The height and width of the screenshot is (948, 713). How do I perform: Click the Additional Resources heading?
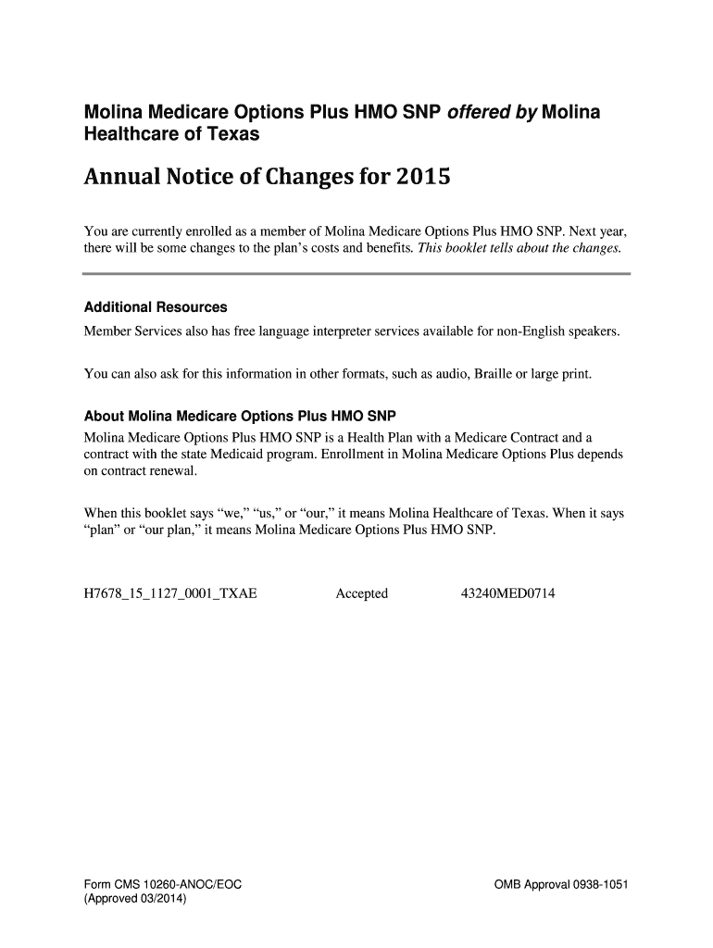[x=156, y=307]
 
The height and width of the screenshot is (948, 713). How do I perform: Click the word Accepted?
[x=361, y=593]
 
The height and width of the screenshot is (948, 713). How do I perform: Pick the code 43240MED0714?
[x=508, y=593]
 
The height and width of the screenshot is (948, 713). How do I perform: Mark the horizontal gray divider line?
[x=356, y=274]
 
